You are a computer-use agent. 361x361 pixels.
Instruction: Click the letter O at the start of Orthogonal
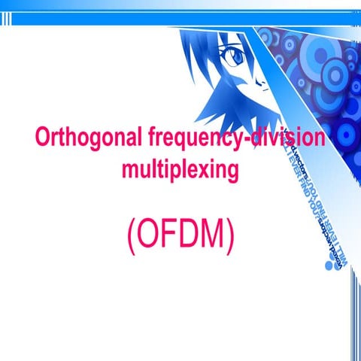pos(43,139)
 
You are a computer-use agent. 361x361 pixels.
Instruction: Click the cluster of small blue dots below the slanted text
pos(329,265)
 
